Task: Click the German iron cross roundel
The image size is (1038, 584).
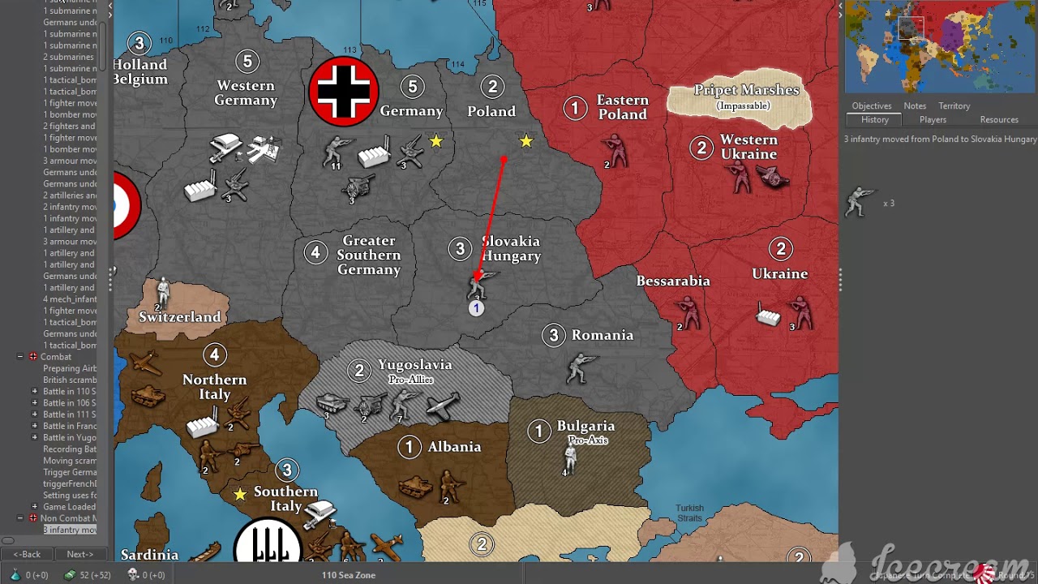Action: click(x=344, y=92)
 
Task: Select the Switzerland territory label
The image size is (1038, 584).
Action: click(x=179, y=317)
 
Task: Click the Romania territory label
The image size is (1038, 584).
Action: click(x=602, y=335)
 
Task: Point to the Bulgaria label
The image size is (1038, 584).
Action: click(x=585, y=426)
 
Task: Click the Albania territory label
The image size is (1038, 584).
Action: click(x=454, y=447)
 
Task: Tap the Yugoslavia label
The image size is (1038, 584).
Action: click(x=414, y=366)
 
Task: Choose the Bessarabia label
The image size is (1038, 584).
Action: click(x=673, y=281)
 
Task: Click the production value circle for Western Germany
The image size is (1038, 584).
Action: click(x=247, y=61)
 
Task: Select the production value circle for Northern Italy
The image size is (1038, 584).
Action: click(x=214, y=354)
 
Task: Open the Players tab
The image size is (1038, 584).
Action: click(x=933, y=120)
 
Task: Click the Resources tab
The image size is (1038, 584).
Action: click(x=998, y=120)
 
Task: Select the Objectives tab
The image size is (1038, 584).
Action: click(x=871, y=106)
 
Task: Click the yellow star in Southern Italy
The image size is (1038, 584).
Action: click(x=240, y=494)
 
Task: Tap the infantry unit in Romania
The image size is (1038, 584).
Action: click(x=580, y=367)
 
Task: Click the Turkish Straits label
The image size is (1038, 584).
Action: click(x=690, y=513)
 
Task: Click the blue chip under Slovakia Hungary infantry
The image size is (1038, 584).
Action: click(x=476, y=308)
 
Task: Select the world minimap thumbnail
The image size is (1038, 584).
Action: click(x=939, y=46)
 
